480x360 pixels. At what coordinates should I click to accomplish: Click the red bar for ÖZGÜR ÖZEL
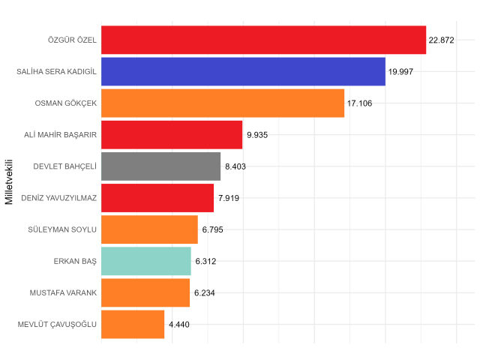(263, 40)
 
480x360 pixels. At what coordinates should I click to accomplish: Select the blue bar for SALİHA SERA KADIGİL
(243, 71)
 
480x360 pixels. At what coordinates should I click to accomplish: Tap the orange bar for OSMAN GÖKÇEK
(222, 103)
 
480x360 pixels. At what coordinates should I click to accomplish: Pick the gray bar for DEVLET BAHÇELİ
(160, 166)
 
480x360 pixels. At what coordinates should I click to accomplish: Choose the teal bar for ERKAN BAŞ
(145, 261)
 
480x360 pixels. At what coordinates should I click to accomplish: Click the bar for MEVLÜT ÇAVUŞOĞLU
(132, 324)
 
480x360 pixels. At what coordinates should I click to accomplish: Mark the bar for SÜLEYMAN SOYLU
(149, 229)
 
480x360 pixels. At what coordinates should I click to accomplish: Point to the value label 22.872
(442, 40)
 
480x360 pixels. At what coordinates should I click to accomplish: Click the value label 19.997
(400, 71)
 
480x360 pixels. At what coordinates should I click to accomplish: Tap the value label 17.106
(359, 103)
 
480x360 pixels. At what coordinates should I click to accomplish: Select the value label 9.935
(257, 135)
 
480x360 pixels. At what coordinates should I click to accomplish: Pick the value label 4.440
(181, 324)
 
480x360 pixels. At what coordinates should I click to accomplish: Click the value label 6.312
(205, 261)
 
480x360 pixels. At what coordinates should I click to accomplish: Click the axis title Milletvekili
(10, 181)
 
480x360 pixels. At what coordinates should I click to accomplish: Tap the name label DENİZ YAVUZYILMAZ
(60, 198)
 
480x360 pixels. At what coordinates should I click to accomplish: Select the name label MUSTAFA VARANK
(64, 292)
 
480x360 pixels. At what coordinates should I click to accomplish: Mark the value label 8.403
(236, 166)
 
